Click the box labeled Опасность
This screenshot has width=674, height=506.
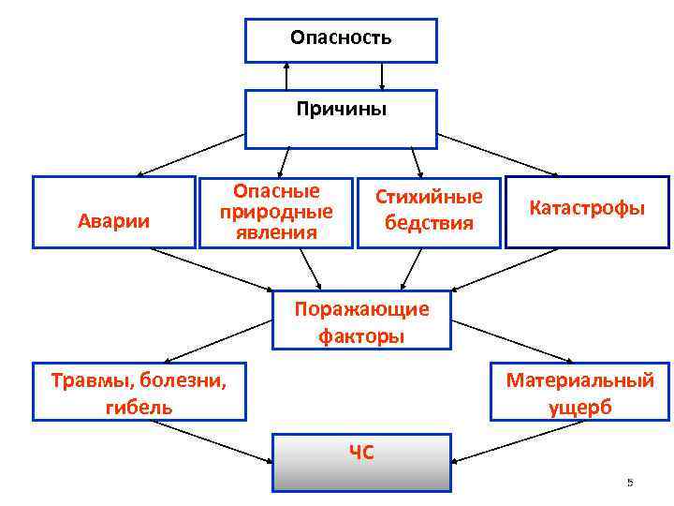(341, 39)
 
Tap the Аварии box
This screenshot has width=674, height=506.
(113, 221)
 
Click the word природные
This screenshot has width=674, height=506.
(276, 212)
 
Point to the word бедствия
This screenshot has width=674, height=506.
(430, 223)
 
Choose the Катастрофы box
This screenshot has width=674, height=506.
(587, 208)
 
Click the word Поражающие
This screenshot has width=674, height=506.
(360, 309)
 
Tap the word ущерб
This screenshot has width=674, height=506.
(580, 408)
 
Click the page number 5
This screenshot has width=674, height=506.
(630, 483)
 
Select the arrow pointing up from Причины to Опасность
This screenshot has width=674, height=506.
(287, 75)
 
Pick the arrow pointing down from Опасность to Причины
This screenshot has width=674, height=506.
(382, 75)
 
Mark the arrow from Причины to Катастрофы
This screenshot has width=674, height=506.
(500, 155)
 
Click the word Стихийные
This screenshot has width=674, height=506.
(430, 197)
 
